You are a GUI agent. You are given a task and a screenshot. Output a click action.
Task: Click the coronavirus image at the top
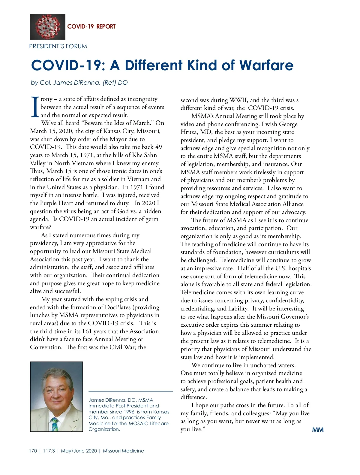(47, 27)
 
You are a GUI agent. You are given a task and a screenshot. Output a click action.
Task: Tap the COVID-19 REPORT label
(91, 26)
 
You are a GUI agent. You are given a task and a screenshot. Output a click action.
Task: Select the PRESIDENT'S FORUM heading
(58, 47)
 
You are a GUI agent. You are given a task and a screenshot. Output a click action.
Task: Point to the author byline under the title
(79, 83)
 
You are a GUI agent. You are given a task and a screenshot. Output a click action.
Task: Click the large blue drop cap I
(35, 107)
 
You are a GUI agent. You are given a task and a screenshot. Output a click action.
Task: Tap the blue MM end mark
(318, 430)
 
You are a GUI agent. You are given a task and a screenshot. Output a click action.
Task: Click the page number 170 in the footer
(33, 451)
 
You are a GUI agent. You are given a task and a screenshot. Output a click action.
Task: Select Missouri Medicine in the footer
(123, 451)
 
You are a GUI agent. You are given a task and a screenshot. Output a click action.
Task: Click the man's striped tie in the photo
(55, 424)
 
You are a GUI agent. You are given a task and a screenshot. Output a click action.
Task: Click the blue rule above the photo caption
(130, 392)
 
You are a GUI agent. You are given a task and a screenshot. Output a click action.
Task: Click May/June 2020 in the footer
(79, 451)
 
